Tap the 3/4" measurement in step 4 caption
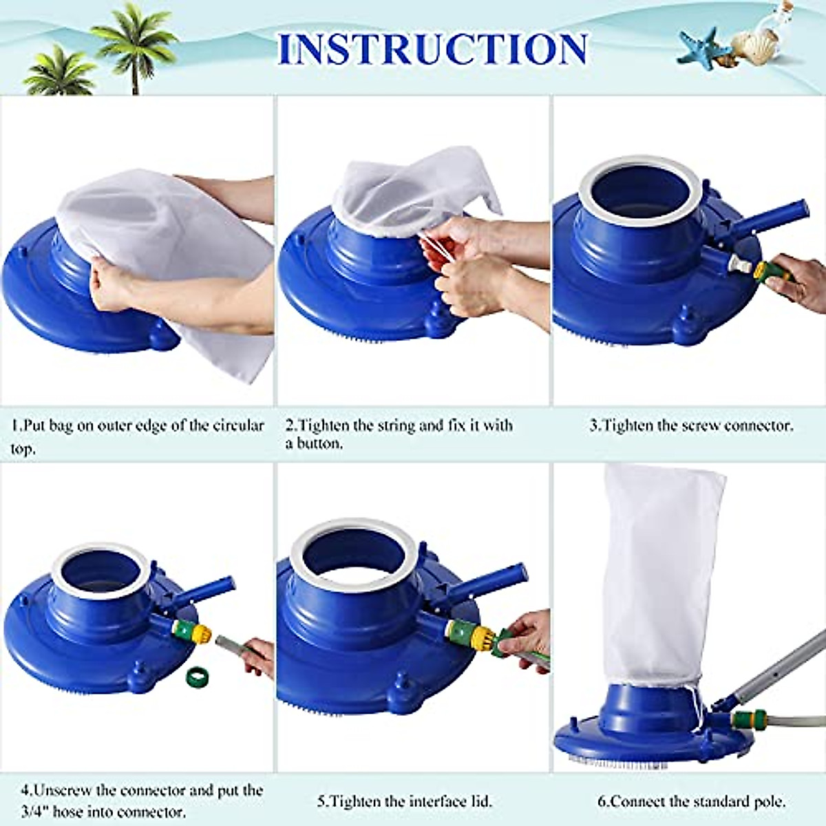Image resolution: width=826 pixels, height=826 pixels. click(34, 812)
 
